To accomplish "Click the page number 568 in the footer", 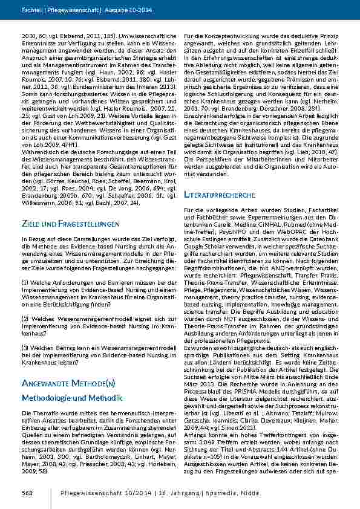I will (x=27, y=493).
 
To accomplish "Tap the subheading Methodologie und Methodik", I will (x=72, y=398).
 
